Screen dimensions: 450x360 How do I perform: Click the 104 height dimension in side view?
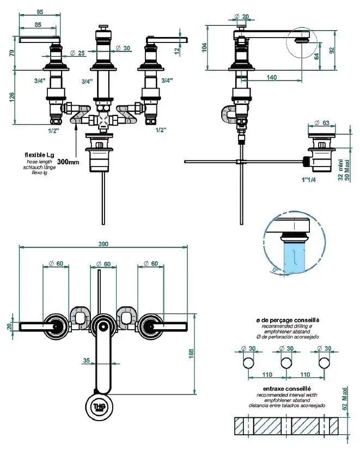(x=204, y=47)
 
